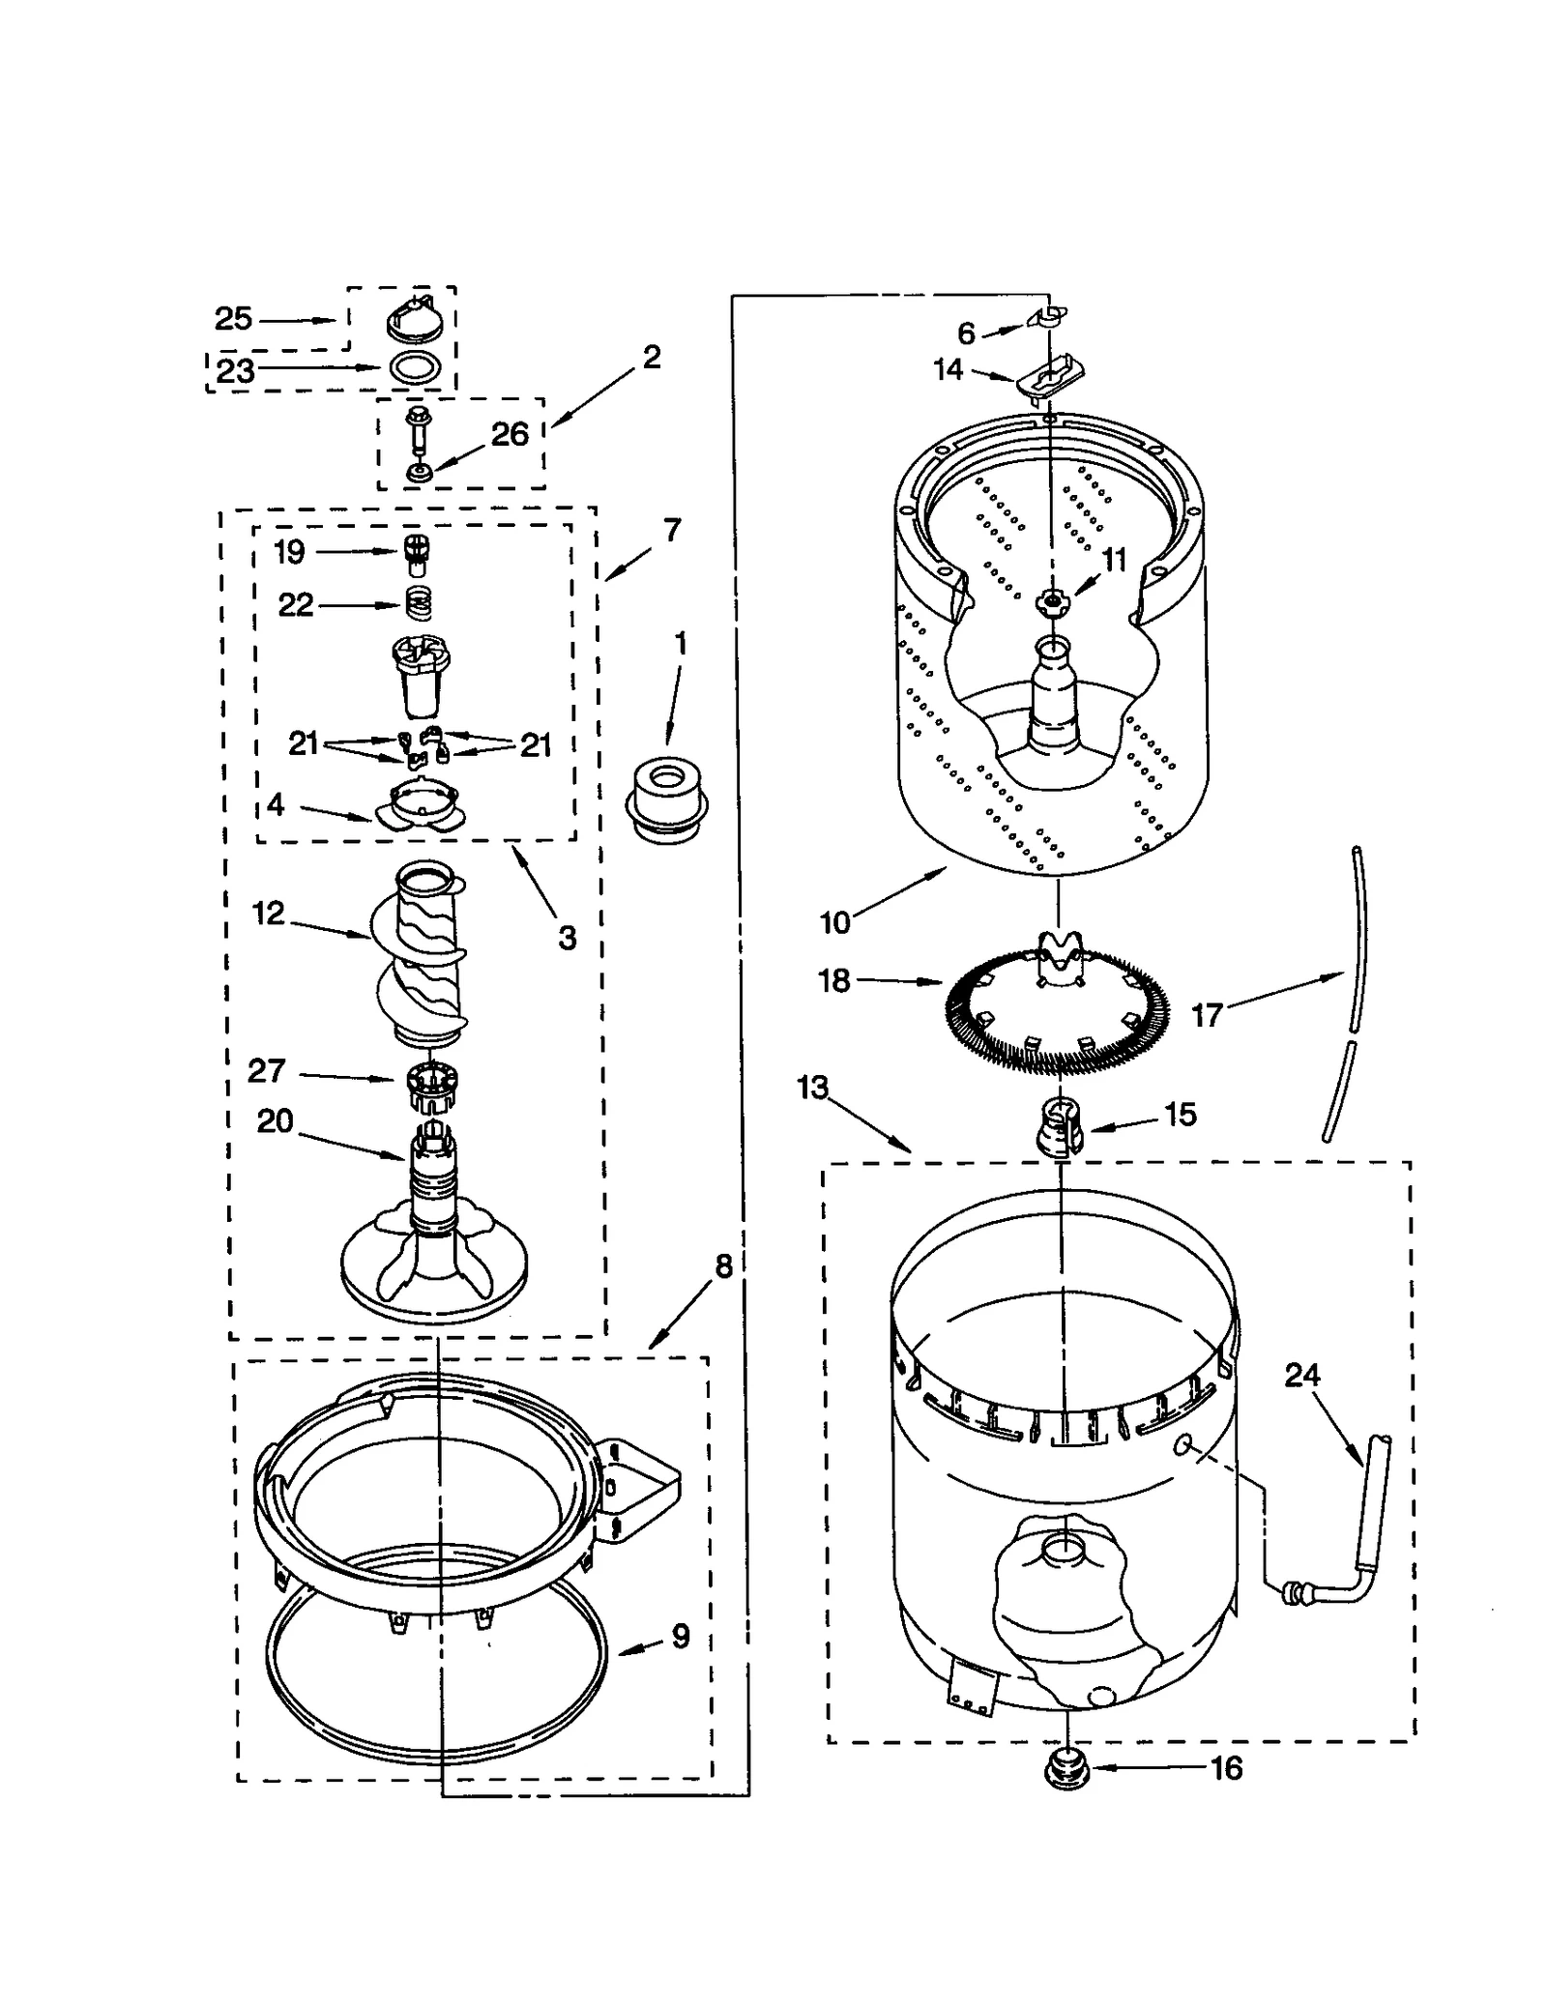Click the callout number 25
coord(233,318)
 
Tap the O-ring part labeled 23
coord(417,368)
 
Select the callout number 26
coord(510,434)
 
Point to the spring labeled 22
coord(417,605)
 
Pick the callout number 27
coord(266,1071)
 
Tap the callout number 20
coord(275,1121)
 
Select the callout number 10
coord(834,922)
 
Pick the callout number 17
coord(1207,1015)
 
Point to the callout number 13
coord(812,1088)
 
